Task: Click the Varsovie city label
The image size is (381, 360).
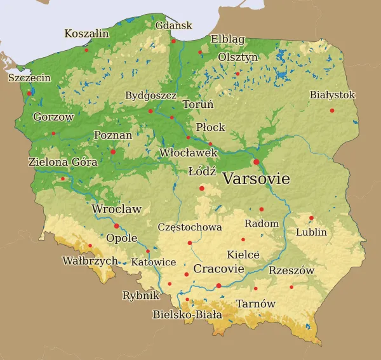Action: click(256, 179)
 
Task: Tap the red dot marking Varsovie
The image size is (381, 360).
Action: click(257, 162)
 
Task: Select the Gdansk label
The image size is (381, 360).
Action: click(174, 25)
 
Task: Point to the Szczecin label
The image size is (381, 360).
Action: click(29, 78)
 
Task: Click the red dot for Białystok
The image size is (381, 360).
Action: click(331, 110)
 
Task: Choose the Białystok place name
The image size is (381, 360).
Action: click(332, 95)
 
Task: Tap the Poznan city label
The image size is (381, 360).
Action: click(113, 135)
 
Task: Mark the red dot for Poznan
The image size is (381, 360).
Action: click(113, 152)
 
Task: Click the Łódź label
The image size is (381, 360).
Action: click(203, 171)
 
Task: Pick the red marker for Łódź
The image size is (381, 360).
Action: click(202, 188)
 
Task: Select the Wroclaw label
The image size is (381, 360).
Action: click(117, 209)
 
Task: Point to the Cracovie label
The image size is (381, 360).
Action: click(219, 269)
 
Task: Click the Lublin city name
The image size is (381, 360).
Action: click(311, 232)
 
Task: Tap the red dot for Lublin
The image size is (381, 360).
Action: click(311, 218)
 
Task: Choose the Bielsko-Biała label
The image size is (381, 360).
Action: click(187, 314)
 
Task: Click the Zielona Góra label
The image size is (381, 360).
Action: click(63, 162)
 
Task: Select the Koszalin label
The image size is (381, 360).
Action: click(86, 33)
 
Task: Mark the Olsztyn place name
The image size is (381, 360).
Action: click(238, 57)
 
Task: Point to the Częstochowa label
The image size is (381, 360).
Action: click(190, 227)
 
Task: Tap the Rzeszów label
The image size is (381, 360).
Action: click(291, 270)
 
